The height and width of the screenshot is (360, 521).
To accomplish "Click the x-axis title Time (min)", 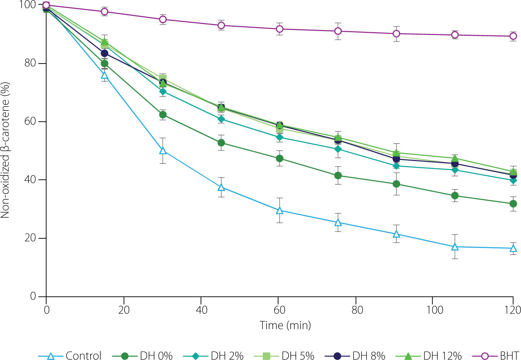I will [x=285, y=325].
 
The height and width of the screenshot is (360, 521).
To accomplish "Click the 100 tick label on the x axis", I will [x=435, y=310].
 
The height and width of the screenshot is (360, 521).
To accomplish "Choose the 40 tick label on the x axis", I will [x=201, y=310].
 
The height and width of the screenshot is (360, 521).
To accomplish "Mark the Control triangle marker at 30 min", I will [x=163, y=151].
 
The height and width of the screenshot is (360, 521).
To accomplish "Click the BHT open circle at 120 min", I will [x=513, y=36].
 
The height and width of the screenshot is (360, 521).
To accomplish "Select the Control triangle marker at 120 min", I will [x=513, y=248].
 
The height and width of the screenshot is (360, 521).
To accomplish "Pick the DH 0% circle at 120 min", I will [x=513, y=204].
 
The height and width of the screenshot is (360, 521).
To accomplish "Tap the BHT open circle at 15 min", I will [x=104, y=12].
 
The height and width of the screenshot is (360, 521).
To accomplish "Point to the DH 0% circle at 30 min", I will [x=163, y=115].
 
